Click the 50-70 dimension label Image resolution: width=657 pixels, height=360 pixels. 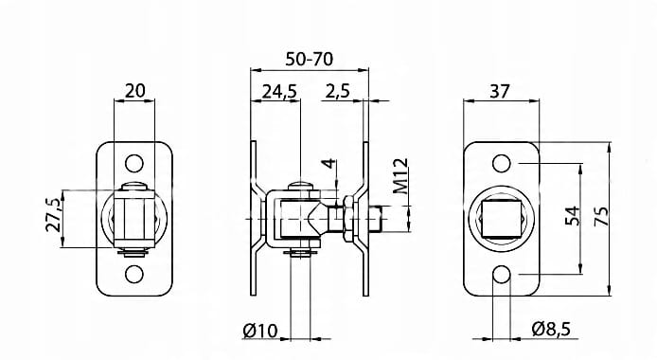coord(310,59)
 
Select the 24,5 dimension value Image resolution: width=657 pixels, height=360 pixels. coord(279,91)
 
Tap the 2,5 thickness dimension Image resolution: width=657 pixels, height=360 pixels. coord(337,91)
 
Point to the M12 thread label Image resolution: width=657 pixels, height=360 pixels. coord(400,176)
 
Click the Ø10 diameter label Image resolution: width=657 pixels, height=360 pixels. coord(259,331)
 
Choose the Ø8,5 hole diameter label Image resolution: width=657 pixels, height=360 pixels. coord(551,329)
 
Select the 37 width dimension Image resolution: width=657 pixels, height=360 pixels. coord(500,91)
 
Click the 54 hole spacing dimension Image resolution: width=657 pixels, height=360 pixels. coord(573,216)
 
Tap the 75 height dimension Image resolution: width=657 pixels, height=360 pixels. coord(602,217)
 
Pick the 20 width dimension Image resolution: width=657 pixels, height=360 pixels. coord(135,91)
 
